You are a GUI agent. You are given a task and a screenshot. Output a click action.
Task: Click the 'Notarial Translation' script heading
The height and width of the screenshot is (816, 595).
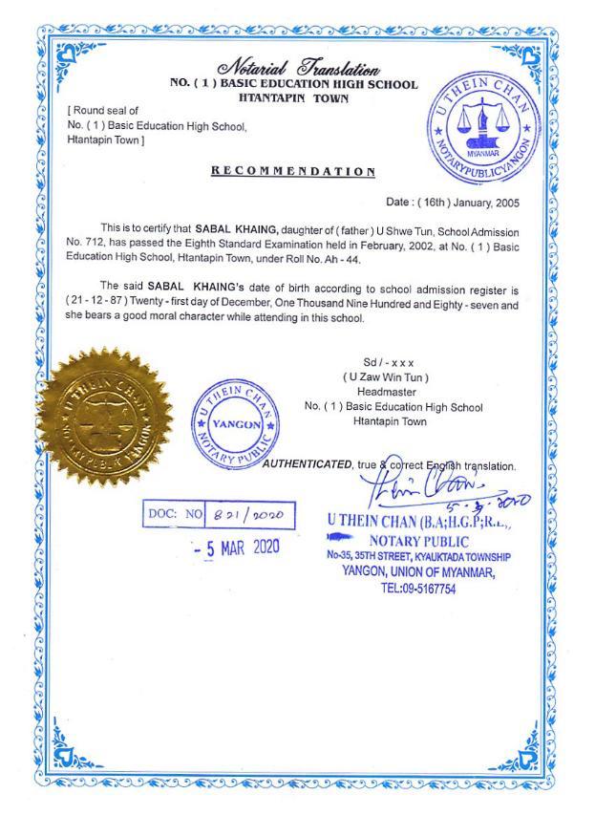[x=299, y=68]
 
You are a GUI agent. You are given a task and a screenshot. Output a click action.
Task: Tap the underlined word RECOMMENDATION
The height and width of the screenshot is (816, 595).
[x=293, y=171]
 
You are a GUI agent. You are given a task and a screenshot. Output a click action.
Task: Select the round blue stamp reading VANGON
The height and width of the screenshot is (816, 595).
[x=228, y=424]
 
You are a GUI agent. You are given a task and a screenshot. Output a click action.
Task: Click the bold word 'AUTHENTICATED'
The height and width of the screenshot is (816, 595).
[x=308, y=464]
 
